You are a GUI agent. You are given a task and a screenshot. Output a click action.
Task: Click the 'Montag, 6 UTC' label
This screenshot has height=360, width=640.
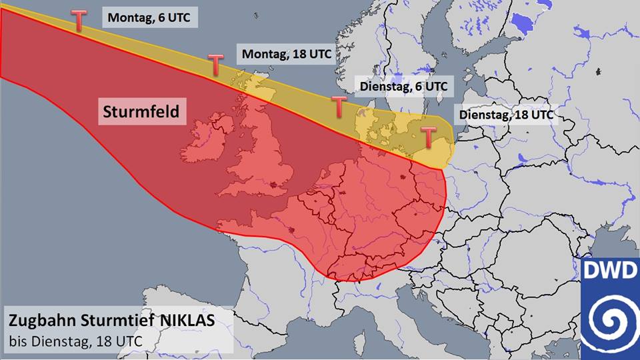tap(150, 18)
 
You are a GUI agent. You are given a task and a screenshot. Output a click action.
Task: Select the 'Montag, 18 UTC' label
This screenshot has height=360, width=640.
tap(287, 54)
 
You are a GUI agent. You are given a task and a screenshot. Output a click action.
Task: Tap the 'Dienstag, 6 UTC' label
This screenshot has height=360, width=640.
tap(403, 86)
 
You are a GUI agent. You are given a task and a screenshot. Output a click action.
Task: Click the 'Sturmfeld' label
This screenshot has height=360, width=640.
tap(141, 111)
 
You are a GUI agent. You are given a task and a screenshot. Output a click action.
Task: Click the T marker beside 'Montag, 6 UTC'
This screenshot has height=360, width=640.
tap(78, 21)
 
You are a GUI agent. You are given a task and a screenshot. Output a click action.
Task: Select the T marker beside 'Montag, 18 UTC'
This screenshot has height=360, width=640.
tap(215, 65)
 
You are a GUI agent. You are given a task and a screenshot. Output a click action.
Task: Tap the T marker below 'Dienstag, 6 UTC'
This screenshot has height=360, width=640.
tap(339, 105)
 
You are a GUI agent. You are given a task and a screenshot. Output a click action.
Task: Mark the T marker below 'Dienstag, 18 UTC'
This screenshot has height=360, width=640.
tap(427, 137)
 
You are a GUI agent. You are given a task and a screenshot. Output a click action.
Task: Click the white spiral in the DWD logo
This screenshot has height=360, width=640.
tap(609, 319)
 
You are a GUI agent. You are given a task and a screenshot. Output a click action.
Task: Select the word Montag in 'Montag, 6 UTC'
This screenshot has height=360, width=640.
tap(131, 18)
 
